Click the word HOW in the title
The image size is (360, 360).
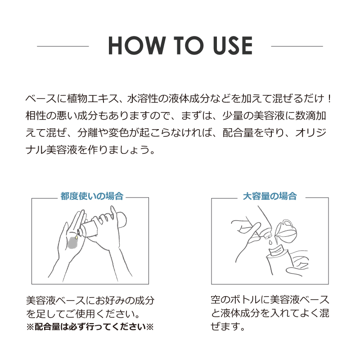click(137, 45)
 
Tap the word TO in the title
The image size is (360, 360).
click(188, 45)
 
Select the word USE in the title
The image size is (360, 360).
click(232, 45)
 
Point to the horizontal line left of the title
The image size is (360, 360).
click(63, 46)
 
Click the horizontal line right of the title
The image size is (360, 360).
click(297, 46)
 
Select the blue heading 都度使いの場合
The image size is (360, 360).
click(92, 196)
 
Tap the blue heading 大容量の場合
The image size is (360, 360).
click(270, 196)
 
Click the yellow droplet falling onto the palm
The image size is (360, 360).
click(76, 237)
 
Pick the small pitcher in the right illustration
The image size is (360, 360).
click(286, 232)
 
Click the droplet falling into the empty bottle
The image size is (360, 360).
click(271, 242)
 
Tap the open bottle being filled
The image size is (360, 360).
click(279, 261)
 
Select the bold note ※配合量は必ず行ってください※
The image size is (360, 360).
click(90, 327)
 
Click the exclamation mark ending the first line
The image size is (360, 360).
click(329, 99)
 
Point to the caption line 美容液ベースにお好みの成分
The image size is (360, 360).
click(90, 301)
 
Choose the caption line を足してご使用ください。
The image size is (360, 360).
click(83, 314)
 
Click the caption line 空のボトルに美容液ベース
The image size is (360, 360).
click(270, 300)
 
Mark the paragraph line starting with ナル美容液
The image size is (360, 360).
click(90, 150)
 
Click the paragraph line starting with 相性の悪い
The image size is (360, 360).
click(175, 116)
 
